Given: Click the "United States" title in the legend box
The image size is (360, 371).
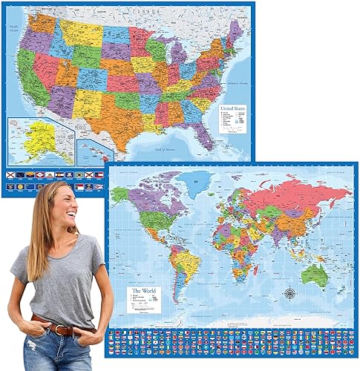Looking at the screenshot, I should [x=232, y=109].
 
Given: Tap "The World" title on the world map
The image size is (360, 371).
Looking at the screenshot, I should [x=143, y=283].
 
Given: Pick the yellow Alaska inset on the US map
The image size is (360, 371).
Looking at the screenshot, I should [x=31, y=139].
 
